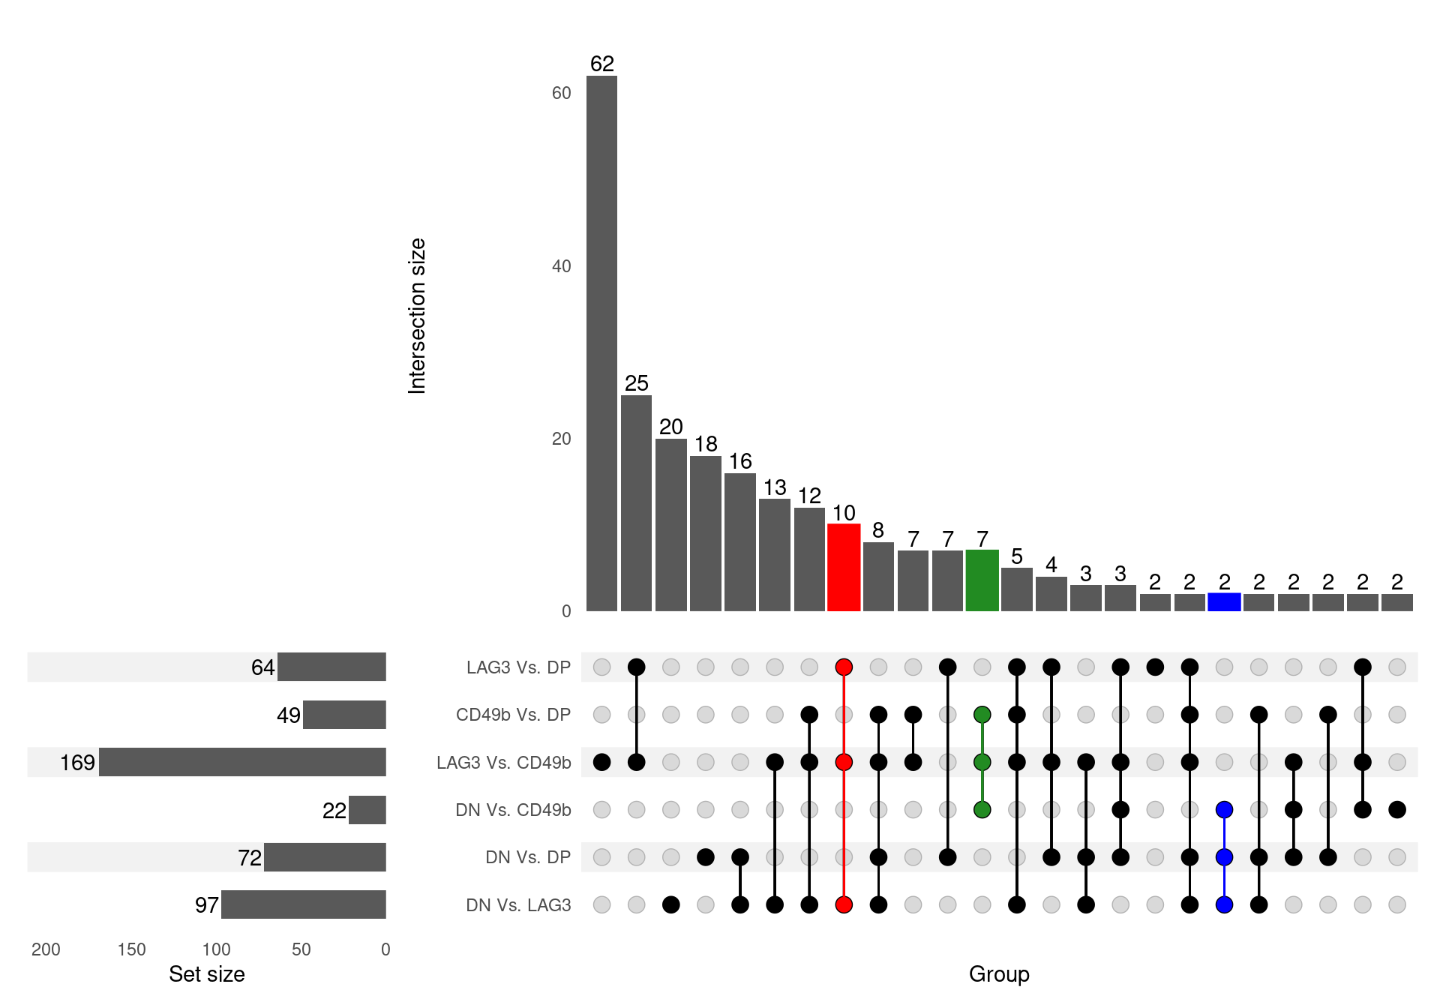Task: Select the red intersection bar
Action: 844,568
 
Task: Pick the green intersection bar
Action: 982,580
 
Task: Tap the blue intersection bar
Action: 1224,602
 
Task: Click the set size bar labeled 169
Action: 242,762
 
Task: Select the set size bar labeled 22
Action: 367,810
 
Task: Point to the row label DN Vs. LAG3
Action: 518,905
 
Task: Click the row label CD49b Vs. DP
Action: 513,715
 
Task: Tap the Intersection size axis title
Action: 417,316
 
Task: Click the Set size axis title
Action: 207,974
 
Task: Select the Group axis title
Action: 999,974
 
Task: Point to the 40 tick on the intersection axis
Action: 561,266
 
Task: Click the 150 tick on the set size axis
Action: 131,949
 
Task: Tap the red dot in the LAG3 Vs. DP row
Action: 844,667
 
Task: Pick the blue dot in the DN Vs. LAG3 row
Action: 1224,904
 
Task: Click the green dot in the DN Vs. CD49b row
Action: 982,809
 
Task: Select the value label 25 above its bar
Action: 636,383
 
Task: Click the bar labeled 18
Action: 706,533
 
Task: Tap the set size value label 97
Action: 206,905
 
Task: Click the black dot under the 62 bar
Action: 601,762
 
